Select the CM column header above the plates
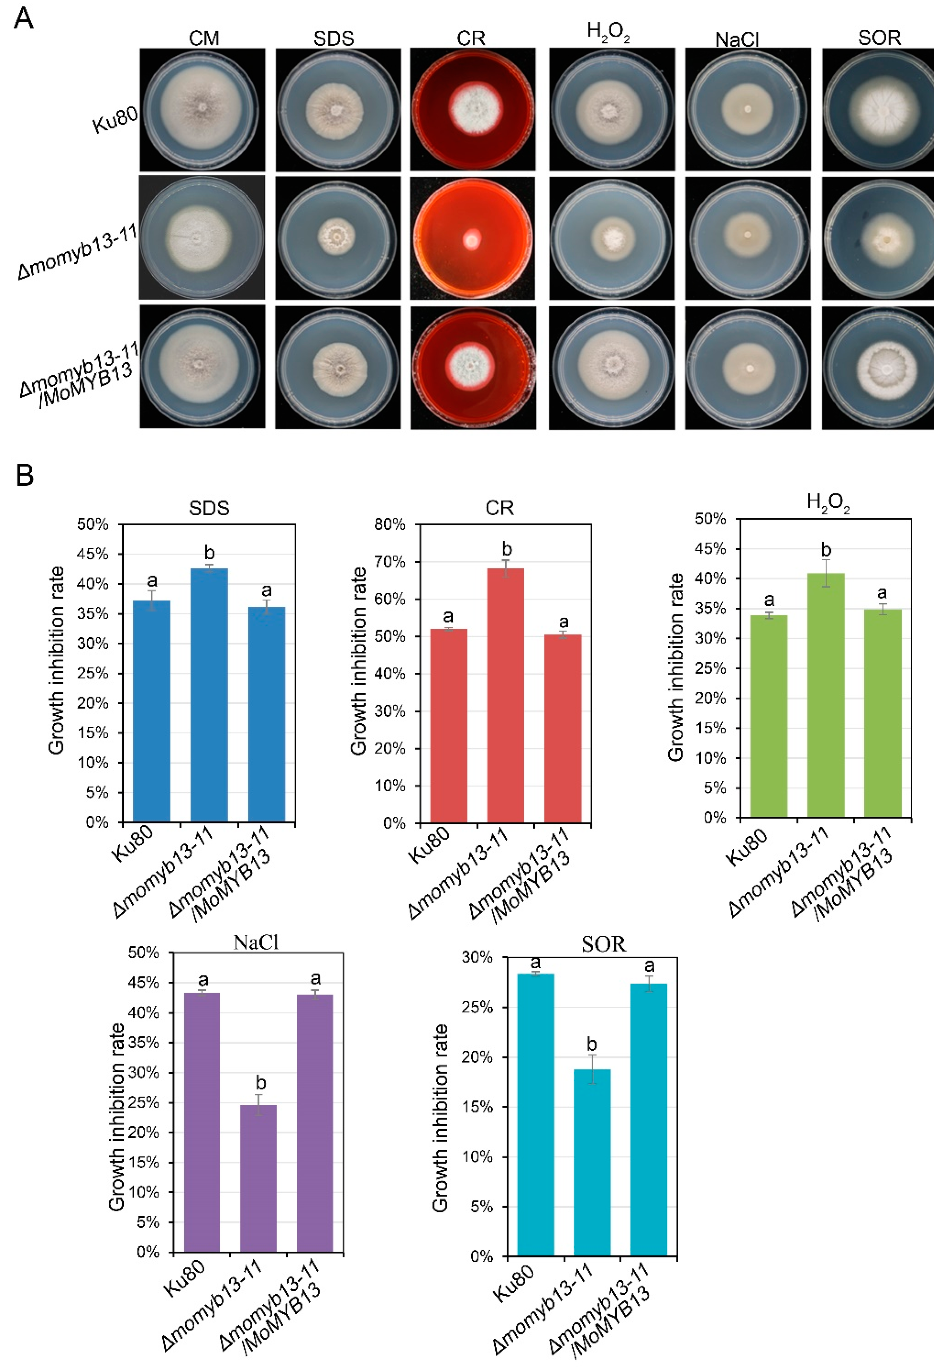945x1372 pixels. coord(204,39)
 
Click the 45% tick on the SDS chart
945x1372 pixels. coord(93,554)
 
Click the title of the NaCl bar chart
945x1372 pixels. coord(256,942)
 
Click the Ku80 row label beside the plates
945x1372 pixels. coord(116,120)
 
